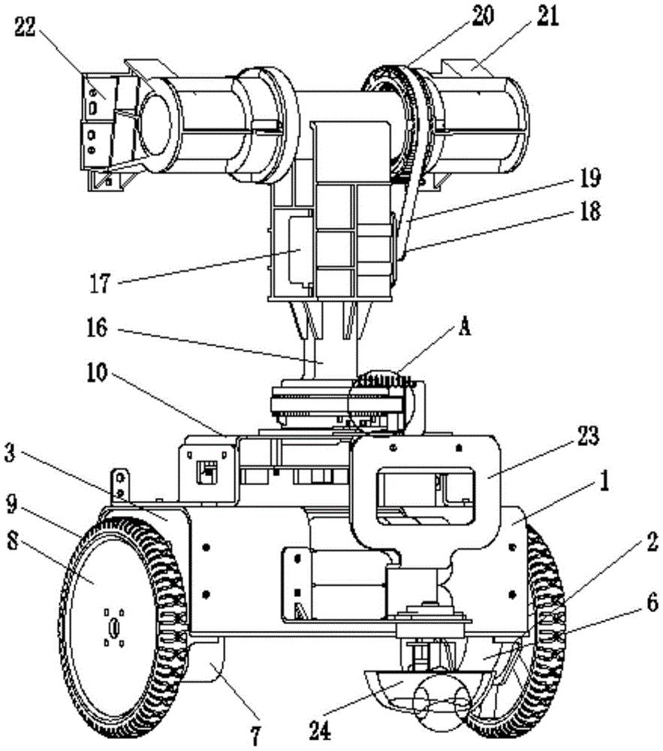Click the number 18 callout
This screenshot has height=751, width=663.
coord(589,212)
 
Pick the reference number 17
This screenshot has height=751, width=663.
coord(99,285)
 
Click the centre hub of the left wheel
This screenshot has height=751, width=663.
coord(114,626)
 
